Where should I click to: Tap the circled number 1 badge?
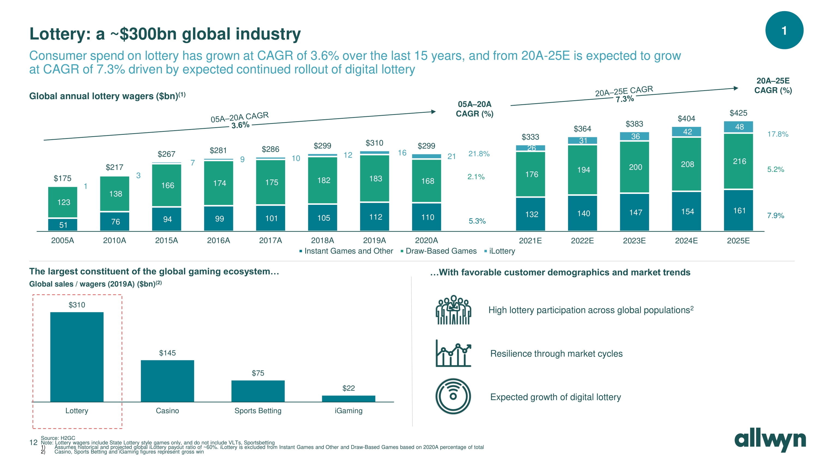coord(784,30)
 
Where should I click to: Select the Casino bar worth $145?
coord(167,380)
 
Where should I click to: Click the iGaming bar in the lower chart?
coord(348,398)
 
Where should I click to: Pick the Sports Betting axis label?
coord(258,411)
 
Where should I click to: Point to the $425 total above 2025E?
coord(738,113)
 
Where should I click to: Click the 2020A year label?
coord(426,240)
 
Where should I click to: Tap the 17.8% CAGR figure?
coord(778,134)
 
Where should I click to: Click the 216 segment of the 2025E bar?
coord(739,161)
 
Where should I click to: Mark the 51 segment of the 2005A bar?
coord(63,225)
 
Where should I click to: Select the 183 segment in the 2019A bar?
coord(375,179)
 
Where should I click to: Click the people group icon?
coord(453,310)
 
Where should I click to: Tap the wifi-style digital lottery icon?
coord(453,396)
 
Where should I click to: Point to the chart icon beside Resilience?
coord(453,354)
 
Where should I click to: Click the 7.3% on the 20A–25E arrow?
coord(624,99)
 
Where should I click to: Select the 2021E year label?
coord(530,240)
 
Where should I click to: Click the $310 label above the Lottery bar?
coord(77,305)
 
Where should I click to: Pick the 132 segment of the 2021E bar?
coord(531,214)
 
